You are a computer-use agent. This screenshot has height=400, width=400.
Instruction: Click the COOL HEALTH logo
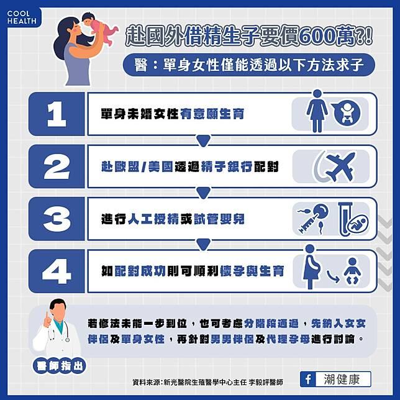pyautogui.click(x=22, y=17)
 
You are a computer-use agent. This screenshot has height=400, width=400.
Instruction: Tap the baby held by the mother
pyautogui.click(x=98, y=29)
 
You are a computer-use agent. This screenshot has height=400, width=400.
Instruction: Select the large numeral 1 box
pyautogui.click(x=57, y=114)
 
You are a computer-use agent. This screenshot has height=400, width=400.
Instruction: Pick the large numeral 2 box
pyautogui.click(x=57, y=166)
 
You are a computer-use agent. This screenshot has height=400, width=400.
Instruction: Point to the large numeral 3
pyautogui.click(x=57, y=219)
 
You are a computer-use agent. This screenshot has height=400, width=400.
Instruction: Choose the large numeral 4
pyautogui.click(x=57, y=271)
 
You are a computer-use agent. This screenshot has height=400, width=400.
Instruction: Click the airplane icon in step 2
pyautogui.click(x=339, y=166)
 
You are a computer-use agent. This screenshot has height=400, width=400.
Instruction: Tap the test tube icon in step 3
pyautogui.click(x=345, y=219)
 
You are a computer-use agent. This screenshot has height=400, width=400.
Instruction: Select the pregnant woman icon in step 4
pyautogui.click(x=311, y=266)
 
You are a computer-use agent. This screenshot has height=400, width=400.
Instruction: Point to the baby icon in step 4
pyautogui.click(x=352, y=271)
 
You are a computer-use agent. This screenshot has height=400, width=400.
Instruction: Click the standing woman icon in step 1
pyautogui.click(x=317, y=111)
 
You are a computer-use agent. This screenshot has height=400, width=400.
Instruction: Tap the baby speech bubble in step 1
pyautogui.click(x=347, y=113)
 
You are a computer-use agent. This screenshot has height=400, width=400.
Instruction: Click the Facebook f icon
pyautogui.click(x=308, y=379)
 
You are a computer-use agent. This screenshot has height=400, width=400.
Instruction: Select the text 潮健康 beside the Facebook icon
pyautogui.click(x=342, y=379)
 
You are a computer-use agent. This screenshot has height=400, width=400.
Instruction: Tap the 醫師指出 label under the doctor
pyautogui.click(x=60, y=366)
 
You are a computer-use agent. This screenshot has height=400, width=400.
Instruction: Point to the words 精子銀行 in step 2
pyautogui.click(x=227, y=166)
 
